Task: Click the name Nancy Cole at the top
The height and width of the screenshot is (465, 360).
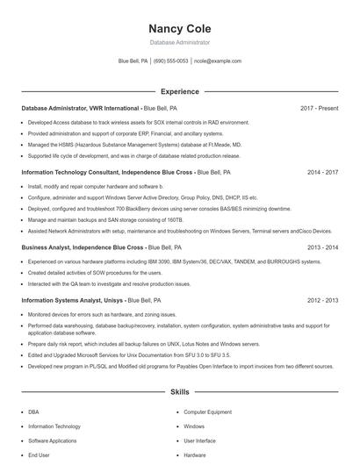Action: tap(179, 28)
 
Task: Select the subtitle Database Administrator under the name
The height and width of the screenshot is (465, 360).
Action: tap(179, 42)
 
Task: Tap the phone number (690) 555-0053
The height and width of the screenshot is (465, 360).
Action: tap(170, 61)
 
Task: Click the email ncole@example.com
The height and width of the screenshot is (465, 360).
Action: tap(218, 61)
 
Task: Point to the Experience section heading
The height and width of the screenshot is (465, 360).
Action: tap(179, 91)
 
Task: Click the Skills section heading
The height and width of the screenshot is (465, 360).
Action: tap(179, 393)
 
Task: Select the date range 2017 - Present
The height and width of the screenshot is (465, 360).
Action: tap(319, 108)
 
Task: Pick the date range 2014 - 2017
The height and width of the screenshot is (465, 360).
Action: tap(322, 173)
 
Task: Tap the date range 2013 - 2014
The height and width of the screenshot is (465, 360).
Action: tap(322, 247)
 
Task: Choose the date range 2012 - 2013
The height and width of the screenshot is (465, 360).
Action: tap(322, 300)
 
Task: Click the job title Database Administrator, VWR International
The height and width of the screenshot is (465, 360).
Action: tap(80, 108)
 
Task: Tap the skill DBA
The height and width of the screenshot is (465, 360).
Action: tap(33, 411)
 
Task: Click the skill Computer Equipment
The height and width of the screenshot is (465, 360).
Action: tap(207, 411)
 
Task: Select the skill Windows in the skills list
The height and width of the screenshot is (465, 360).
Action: tap(194, 426)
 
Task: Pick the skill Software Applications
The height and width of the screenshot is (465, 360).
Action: tap(52, 440)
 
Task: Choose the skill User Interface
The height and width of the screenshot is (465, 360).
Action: tap(199, 440)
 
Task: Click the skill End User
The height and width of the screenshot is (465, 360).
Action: tap(38, 455)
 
